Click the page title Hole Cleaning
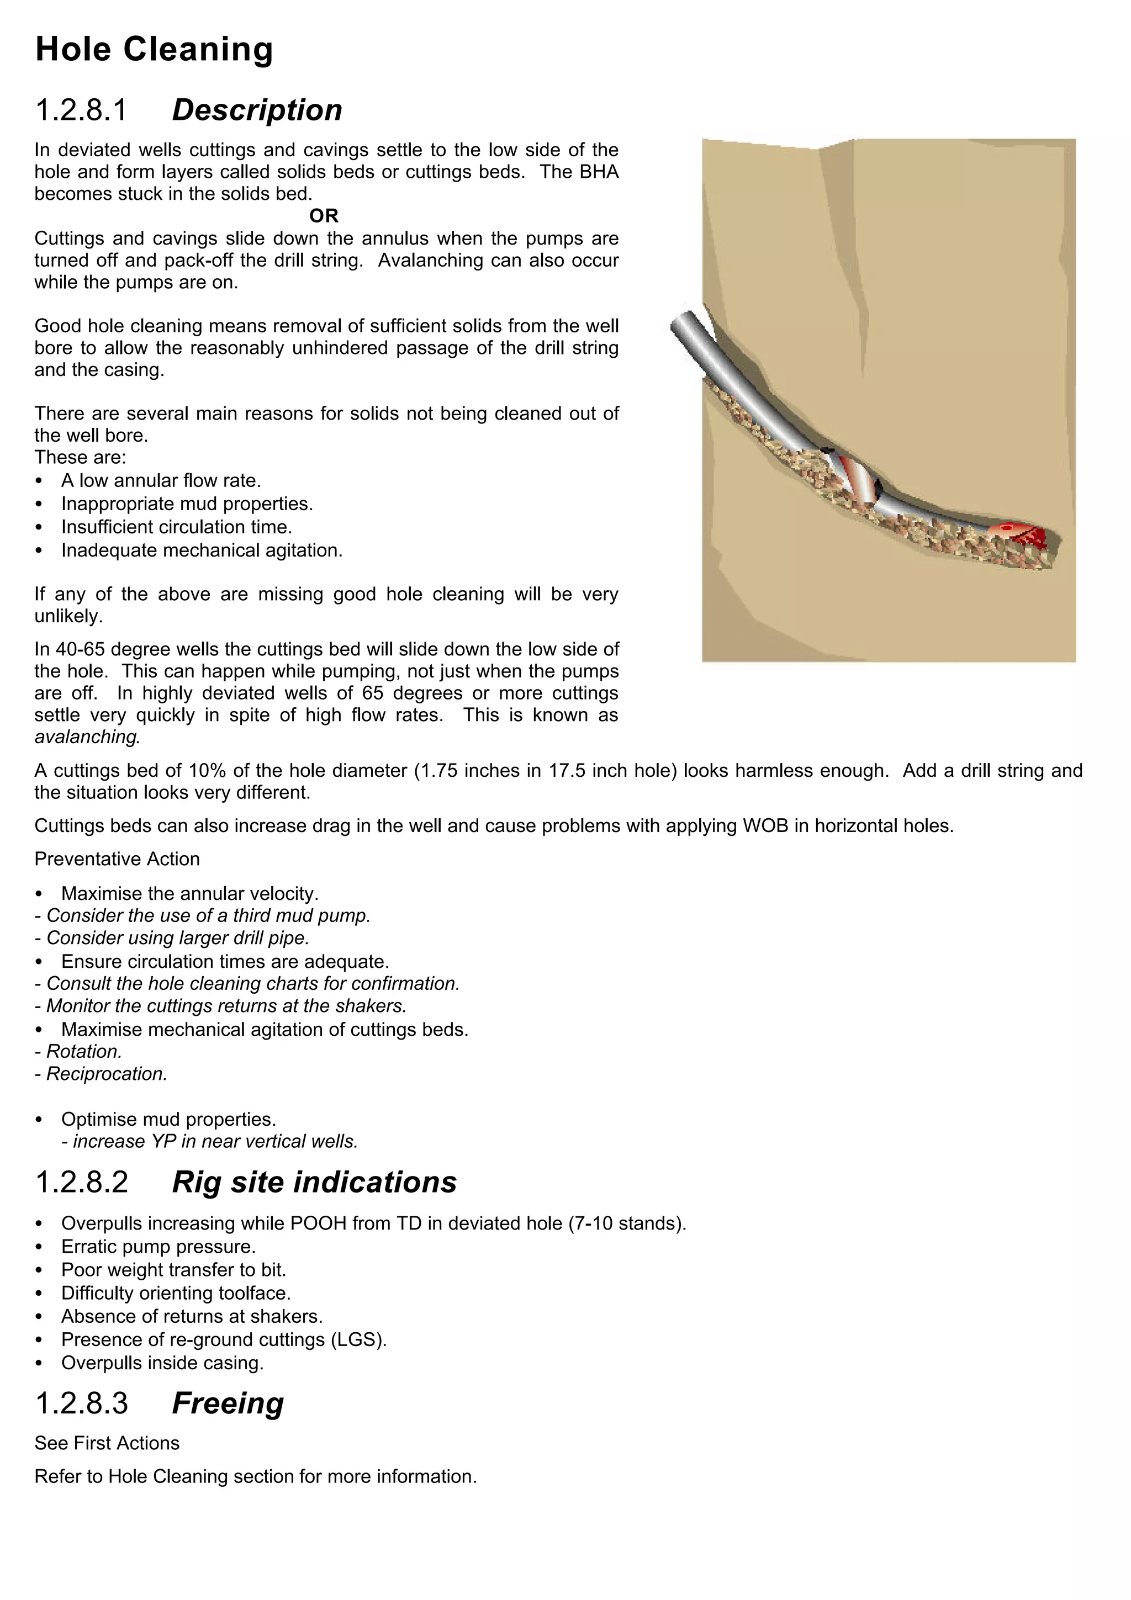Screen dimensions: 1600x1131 [154, 50]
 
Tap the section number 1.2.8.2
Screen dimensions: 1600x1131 [82, 1182]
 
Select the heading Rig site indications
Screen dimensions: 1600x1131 [314, 1182]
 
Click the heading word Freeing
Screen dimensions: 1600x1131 [228, 1403]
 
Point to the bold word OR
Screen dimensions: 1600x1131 [324, 215]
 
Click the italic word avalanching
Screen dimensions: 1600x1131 [86, 737]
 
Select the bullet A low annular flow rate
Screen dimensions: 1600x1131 [160, 481]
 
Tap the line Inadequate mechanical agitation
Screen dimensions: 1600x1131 [202, 550]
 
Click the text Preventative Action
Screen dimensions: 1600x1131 [117, 859]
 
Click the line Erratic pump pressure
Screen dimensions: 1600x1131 [158, 1247]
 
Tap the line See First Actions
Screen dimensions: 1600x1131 [107, 1443]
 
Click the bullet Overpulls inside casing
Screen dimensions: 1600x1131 [162, 1363]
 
